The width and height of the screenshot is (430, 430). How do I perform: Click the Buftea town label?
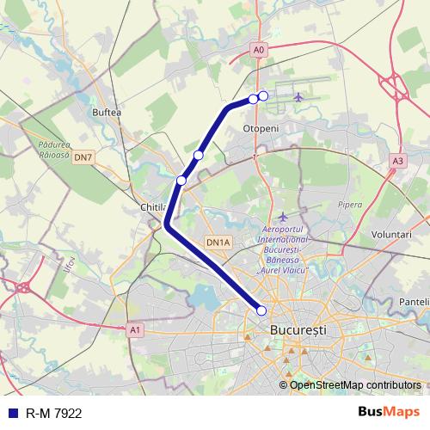click(x=107, y=112)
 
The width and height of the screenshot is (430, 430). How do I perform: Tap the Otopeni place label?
click(x=261, y=128)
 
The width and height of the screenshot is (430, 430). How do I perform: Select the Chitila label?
click(x=152, y=207)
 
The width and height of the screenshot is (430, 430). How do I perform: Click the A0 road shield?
click(x=260, y=51)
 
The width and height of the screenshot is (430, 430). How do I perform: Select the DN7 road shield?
click(x=83, y=157)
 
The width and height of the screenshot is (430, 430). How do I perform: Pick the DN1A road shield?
click(x=218, y=243)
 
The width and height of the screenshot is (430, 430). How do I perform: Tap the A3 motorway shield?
click(x=396, y=160)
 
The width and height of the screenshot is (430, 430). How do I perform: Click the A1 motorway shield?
click(x=135, y=329)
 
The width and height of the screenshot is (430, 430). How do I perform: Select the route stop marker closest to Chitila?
click(x=181, y=181)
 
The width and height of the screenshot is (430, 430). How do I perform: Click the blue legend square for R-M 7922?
click(x=12, y=414)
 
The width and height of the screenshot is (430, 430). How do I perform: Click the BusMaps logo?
click(x=388, y=413)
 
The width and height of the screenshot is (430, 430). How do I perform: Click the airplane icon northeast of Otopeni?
click(x=298, y=96)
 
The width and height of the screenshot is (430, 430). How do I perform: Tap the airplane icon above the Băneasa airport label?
click(x=283, y=216)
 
